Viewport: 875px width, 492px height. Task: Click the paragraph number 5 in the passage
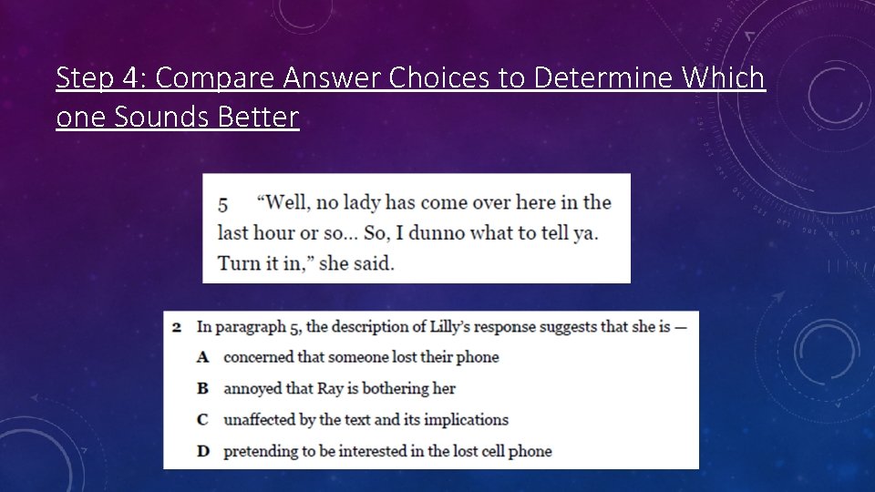point(222,203)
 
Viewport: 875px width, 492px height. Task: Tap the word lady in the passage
point(371,202)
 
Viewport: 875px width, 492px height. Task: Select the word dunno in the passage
point(441,232)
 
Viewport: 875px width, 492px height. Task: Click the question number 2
point(176,326)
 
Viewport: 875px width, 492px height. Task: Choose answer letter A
point(203,357)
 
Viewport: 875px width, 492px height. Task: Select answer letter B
point(203,388)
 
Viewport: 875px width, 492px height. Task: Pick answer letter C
point(203,419)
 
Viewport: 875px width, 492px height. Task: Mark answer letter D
point(203,450)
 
